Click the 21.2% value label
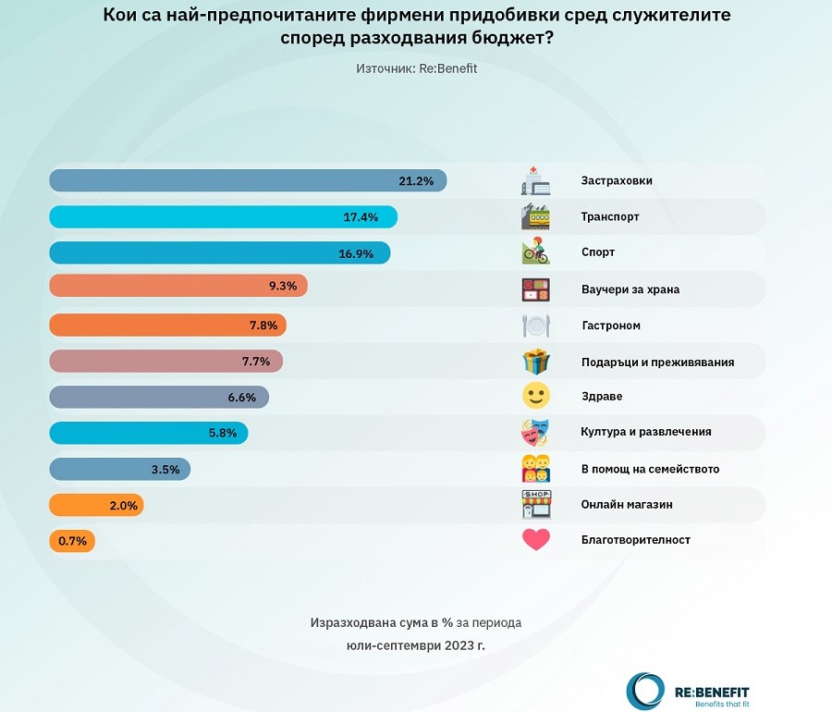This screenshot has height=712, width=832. (x=416, y=181)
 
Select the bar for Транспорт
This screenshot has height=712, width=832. (x=222, y=217)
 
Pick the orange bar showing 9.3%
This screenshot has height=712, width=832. (x=176, y=287)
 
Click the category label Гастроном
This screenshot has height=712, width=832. (x=610, y=325)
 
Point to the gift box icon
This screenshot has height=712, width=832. (x=536, y=361)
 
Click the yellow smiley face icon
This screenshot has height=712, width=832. (x=536, y=397)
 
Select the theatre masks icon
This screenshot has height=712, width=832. (x=536, y=432)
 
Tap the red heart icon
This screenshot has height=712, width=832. (x=536, y=540)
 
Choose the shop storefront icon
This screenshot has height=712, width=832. (x=536, y=505)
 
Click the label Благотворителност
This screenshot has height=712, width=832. (x=636, y=540)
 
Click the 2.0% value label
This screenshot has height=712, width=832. (x=124, y=506)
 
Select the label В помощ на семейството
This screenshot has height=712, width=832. (x=650, y=469)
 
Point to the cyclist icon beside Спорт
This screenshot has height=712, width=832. (x=536, y=252)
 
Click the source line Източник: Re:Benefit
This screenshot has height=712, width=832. (x=416, y=68)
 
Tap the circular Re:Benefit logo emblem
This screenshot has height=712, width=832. (x=645, y=691)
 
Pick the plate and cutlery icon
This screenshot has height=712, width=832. (x=536, y=325)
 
